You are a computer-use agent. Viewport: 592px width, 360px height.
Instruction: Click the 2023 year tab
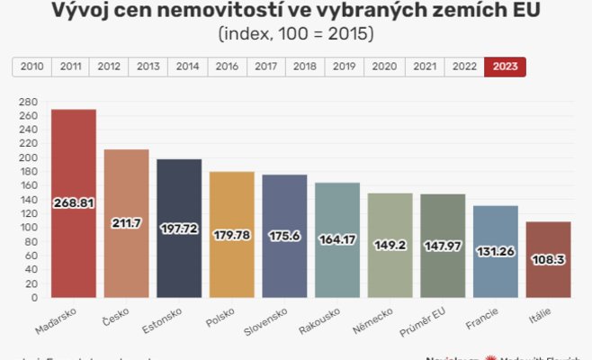(505, 67)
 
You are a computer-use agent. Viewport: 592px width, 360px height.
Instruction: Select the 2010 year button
(31, 67)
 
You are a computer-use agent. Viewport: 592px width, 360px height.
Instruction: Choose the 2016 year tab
(227, 67)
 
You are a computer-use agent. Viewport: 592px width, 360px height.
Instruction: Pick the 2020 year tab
(385, 67)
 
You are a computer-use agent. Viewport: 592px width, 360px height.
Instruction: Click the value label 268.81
(74, 203)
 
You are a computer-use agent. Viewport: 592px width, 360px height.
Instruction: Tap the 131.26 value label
(496, 251)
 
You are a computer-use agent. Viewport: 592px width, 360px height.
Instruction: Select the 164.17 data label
(337, 240)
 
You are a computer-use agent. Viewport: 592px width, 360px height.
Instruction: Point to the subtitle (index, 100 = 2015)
(296, 35)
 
